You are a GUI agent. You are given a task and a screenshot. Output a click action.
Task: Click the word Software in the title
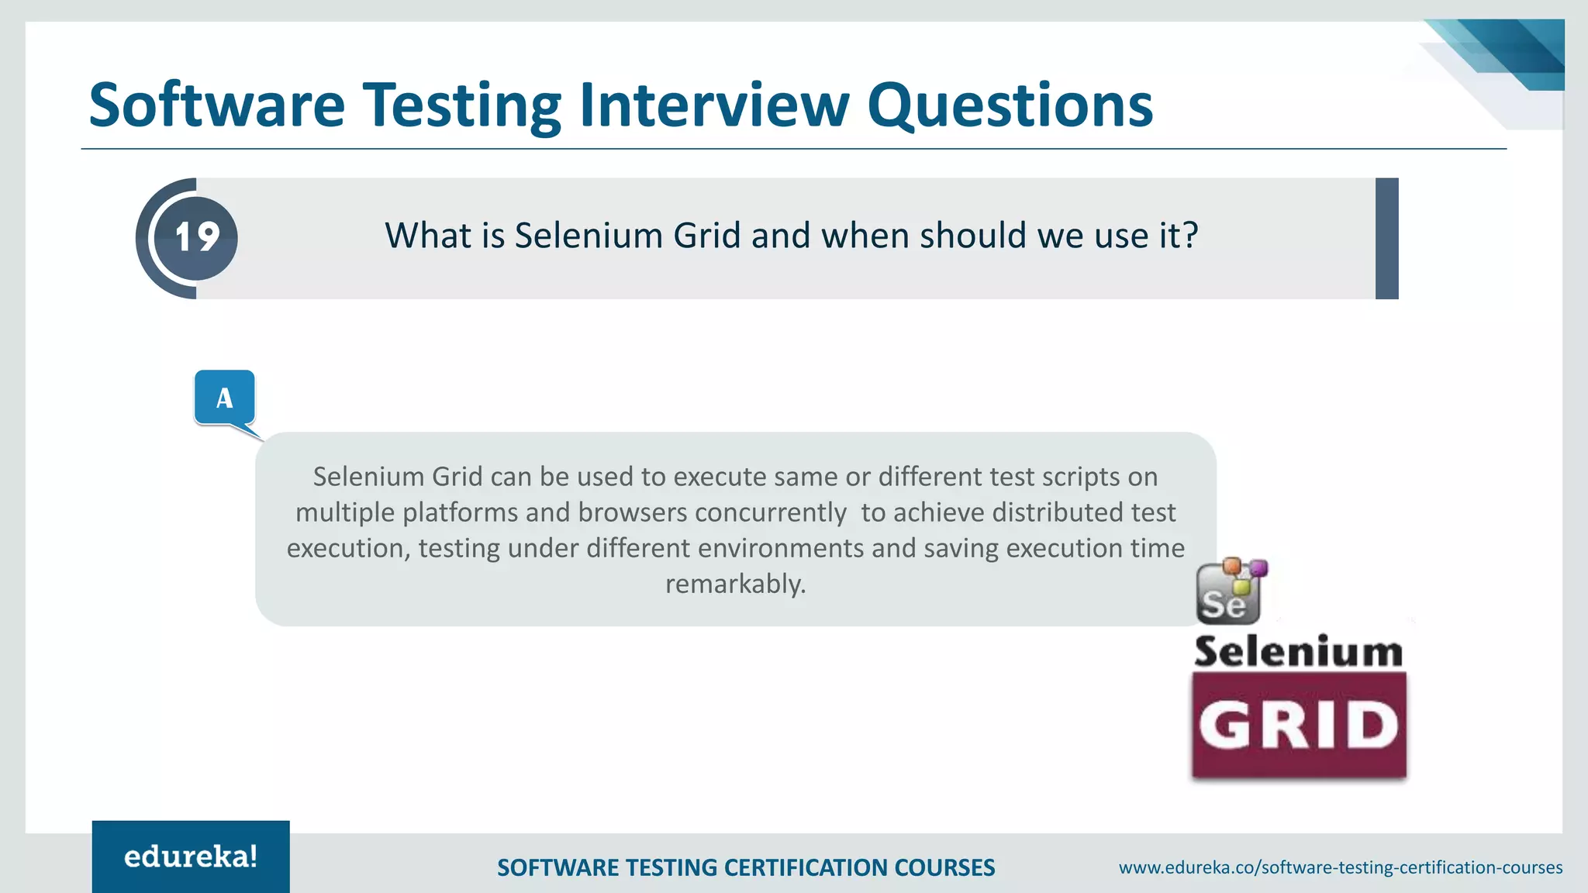pyautogui.click(x=217, y=105)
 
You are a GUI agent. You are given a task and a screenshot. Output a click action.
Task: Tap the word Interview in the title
pyautogui.click(x=714, y=105)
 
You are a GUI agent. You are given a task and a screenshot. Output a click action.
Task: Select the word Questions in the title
pyautogui.click(x=1010, y=105)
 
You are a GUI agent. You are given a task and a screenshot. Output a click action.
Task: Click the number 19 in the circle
pyautogui.click(x=196, y=237)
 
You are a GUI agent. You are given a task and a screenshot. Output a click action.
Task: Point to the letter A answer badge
pyautogui.click(x=225, y=398)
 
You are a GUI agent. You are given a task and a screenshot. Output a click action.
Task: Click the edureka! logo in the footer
pyautogui.click(x=191, y=857)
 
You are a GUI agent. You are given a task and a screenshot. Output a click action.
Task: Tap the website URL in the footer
pyautogui.click(x=1340, y=867)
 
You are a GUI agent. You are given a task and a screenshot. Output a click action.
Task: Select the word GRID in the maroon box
pyautogui.click(x=1299, y=726)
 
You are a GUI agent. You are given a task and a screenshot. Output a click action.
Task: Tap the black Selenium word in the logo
pyautogui.click(x=1299, y=651)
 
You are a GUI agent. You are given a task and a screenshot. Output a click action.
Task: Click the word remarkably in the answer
pyautogui.click(x=735, y=584)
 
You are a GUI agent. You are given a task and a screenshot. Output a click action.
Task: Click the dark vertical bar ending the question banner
pyautogui.click(x=1386, y=238)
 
